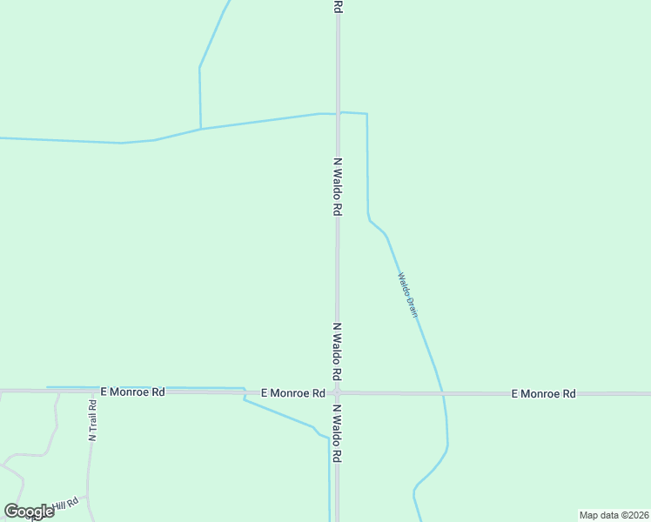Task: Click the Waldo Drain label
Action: pyautogui.click(x=408, y=295)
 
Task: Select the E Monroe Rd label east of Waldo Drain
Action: pyautogui.click(x=543, y=394)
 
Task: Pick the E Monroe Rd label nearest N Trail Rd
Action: pyautogui.click(x=132, y=392)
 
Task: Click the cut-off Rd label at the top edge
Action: pyautogui.click(x=338, y=6)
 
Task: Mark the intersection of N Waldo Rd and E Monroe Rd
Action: pyautogui.click(x=338, y=393)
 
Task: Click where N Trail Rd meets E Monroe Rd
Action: pyautogui.click(x=91, y=391)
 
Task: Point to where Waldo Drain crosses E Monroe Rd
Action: pyautogui.click(x=444, y=394)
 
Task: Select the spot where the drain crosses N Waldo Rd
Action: pyautogui.click(x=338, y=113)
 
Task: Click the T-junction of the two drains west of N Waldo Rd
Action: pyautogui.click(x=201, y=129)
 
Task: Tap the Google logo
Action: pyautogui.click(x=30, y=511)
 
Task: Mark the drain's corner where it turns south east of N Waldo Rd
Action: pyautogui.click(x=366, y=114)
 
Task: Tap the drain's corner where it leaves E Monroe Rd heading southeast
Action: pyautogui.click(x=245, y=399)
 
